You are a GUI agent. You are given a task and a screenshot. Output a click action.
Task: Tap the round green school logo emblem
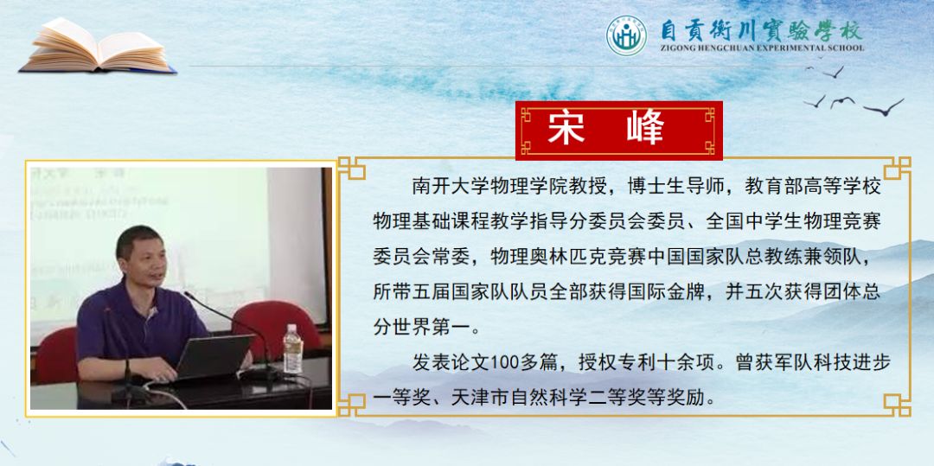point(626,35)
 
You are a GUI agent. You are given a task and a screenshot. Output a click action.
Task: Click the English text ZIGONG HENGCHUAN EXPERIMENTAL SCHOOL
point(762,48)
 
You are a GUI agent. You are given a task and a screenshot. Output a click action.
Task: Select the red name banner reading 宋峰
point(618,130)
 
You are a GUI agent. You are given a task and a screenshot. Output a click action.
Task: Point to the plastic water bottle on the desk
point(292,350)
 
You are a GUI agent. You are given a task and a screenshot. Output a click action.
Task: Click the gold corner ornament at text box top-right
point(896,168)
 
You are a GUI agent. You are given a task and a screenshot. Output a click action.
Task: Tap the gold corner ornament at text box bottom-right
point(896,404)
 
